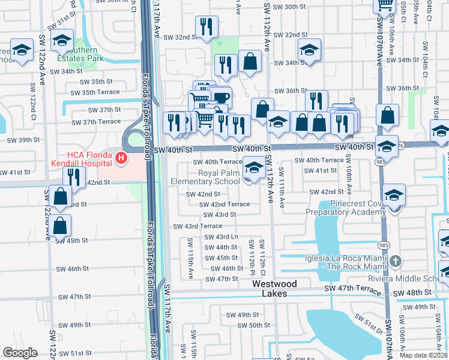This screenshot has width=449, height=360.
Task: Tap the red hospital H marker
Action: [121, 159]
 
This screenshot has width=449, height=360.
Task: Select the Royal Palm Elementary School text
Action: [205, 177]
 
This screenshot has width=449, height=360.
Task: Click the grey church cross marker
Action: [394, 262]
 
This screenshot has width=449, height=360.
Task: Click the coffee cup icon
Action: [221, 97]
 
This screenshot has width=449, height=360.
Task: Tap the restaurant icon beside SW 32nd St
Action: [206, 26]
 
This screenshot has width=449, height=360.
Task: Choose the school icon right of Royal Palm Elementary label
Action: [254, 166]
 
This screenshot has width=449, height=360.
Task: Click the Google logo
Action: [20, 353]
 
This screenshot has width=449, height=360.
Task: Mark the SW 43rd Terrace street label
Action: [197, 226]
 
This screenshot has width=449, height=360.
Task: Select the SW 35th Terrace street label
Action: [95, 92]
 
